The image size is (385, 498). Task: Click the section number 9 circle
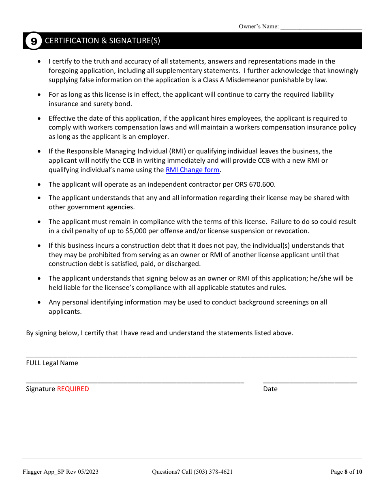[34, 41]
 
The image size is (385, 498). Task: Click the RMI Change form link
[192, 170]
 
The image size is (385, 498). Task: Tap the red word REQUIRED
[73, 389]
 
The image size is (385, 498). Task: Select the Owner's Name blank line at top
[321, 27]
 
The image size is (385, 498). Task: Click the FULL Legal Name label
[52, 363]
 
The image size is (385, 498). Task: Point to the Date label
[270, 389]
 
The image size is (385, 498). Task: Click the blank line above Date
[310, 381]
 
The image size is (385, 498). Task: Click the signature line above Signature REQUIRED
[135, 381]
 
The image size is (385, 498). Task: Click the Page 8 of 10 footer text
[346, 472]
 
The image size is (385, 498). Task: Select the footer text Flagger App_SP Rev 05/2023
[60, 472]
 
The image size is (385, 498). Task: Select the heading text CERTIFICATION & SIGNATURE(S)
[103, 41]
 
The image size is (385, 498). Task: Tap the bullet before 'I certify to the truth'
[39, 62]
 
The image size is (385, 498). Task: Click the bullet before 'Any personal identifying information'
[39, 302]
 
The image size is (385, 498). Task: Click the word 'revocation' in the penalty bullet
[292, 231]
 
